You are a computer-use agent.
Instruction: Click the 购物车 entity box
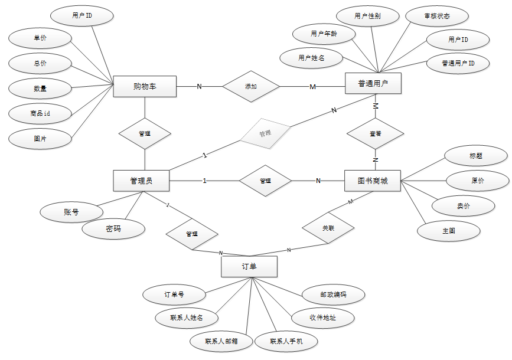145,86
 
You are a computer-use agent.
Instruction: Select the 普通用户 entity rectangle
373,83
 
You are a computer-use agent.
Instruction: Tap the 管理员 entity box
141,181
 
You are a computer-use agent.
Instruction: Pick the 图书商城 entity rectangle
373,181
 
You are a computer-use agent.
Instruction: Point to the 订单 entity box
249,266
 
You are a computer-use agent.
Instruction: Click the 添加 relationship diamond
251,87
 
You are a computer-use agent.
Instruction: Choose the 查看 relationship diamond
375,134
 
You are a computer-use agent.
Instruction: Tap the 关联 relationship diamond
328,227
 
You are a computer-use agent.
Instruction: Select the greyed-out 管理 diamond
265,133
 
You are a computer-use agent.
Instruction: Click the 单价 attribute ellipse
40,38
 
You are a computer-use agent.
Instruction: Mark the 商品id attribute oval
40,113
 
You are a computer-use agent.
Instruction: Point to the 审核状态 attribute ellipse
437,16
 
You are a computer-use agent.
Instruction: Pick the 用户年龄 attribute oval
324,34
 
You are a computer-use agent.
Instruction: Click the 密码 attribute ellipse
113,229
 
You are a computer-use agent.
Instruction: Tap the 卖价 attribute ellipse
463,206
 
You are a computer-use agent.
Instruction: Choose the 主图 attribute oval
449,231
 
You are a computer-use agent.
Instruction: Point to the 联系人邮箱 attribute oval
221,341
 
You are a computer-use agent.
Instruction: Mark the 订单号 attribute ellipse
174,293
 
